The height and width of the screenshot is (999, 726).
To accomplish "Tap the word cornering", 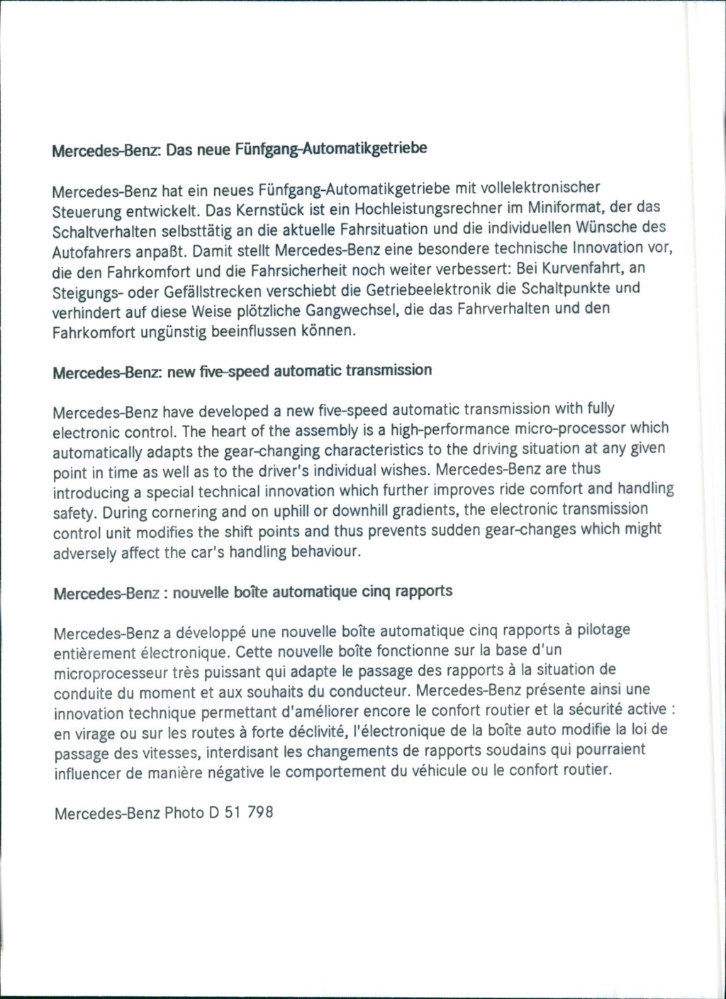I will click(151, 512).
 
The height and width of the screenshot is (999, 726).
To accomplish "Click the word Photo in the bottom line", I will click(184, 813).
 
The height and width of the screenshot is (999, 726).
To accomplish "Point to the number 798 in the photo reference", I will click(259, 812).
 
